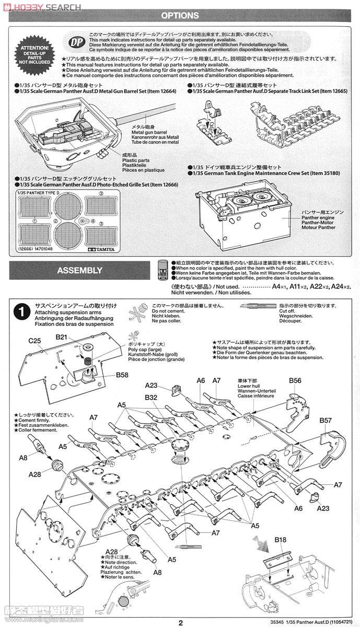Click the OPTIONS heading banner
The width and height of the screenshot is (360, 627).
pos(180,16)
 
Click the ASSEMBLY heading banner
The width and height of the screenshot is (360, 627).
pos(79,270)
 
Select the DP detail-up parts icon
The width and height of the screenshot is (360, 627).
pos(77,41)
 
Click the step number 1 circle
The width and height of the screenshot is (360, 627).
pos(21,312)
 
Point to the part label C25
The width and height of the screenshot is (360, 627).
pos(34,340)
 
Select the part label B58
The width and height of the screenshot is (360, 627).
pos(122,375)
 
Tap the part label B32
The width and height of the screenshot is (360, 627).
pos(152,397)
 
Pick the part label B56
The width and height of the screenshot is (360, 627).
pos(295,380)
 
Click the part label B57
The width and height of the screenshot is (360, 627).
pos(325,420)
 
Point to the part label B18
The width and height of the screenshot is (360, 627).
pos(281,539)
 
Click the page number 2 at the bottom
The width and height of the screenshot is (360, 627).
pos(180,622)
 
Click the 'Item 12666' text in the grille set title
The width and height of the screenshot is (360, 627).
pos(162,184)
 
